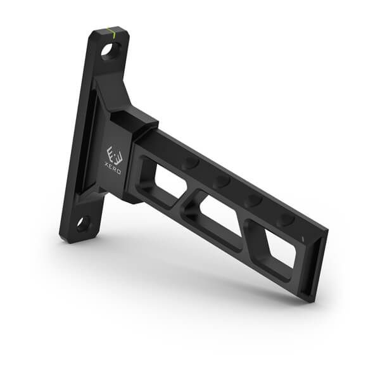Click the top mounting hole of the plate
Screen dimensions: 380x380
[x=111, y=51]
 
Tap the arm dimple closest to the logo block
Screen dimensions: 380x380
[x=189, y=164]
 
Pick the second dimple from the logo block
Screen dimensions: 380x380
[x=222, y=182]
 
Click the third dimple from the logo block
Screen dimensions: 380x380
[x=253, y=200]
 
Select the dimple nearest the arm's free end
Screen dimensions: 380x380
[x=286, y=219]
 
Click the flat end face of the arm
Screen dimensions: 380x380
[x=320, y=266]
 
